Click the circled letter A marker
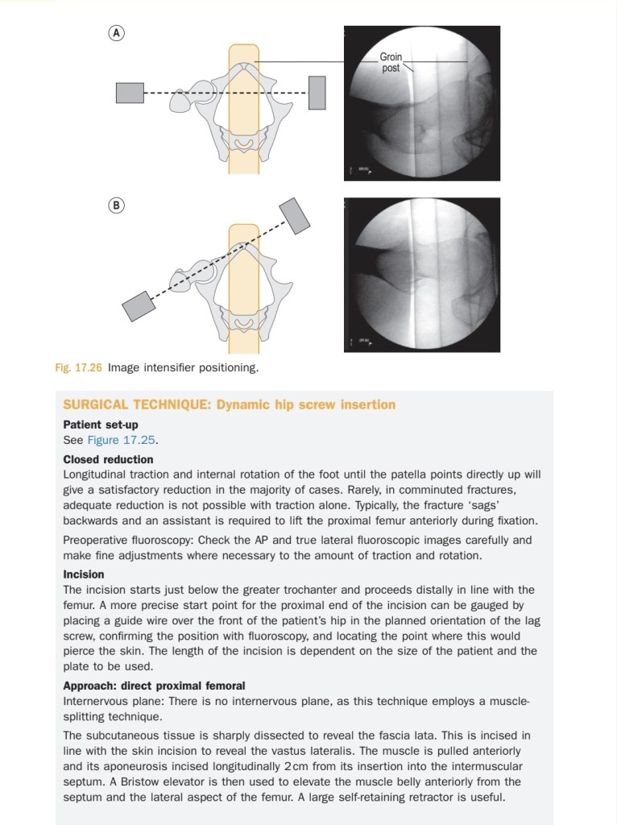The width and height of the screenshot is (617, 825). tap(116, 33)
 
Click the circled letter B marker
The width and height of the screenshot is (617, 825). tap(116, 205)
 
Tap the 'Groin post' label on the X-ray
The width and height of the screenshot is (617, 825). tap(391, 62)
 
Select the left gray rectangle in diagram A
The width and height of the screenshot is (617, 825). tap(130, 93)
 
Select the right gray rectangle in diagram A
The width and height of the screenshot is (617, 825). tap(317, 93)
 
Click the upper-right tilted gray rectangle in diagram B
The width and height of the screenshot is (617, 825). tap(295, 216)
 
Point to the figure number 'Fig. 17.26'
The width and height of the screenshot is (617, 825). tap(78, 367)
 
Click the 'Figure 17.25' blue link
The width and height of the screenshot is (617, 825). tap(122, 440)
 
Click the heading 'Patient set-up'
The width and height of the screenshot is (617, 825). tap(101, 425)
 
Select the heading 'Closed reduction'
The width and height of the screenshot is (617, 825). tap(109, 459)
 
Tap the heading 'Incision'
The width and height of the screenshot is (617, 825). tap(84, 574)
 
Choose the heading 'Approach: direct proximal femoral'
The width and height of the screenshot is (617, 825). tap(154, 686)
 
